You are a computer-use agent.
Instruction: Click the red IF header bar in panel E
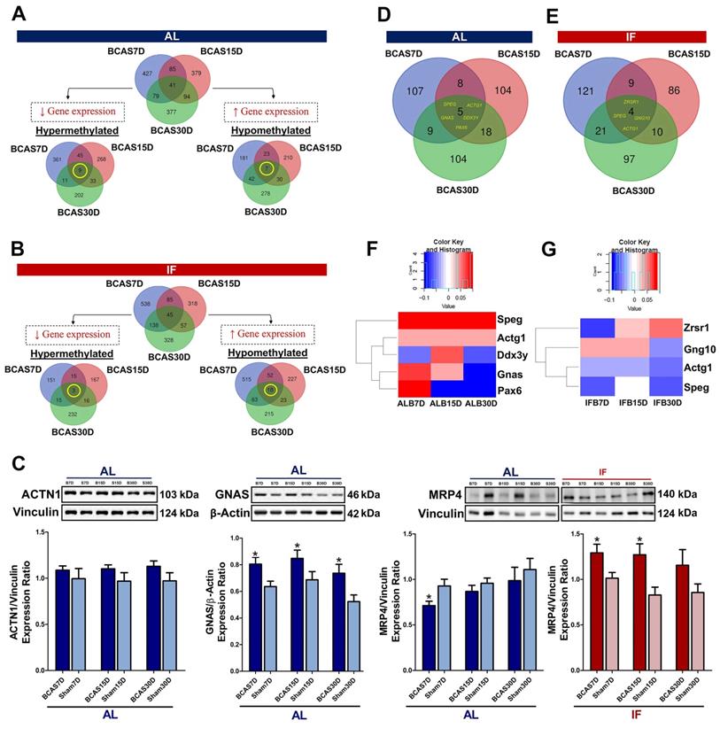pos(631,36)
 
